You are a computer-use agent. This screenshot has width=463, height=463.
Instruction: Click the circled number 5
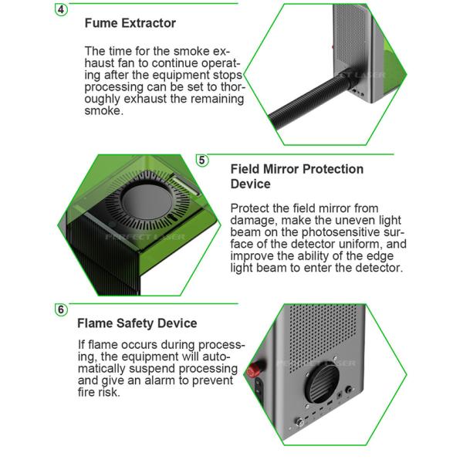[202, 161]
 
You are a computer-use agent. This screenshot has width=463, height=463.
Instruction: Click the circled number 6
[61, 309]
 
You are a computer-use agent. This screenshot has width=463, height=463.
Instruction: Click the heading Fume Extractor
[130, 23]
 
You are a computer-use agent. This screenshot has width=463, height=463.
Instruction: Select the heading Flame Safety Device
[137, 323]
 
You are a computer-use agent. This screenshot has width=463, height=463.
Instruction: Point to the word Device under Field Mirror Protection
[250, 184]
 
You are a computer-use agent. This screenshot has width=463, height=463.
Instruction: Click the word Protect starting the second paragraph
[249, 208]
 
